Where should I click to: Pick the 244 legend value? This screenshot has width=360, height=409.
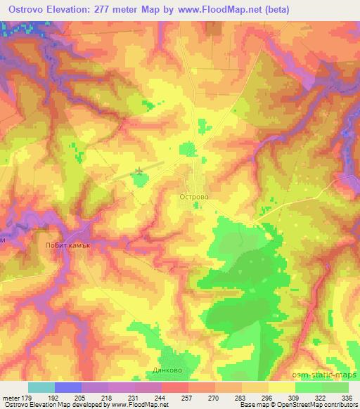click(x=161, y=398)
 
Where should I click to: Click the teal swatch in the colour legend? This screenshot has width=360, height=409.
click(x=41, y=387)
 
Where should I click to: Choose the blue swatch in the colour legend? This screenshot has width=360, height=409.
click(x=68, y=387)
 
